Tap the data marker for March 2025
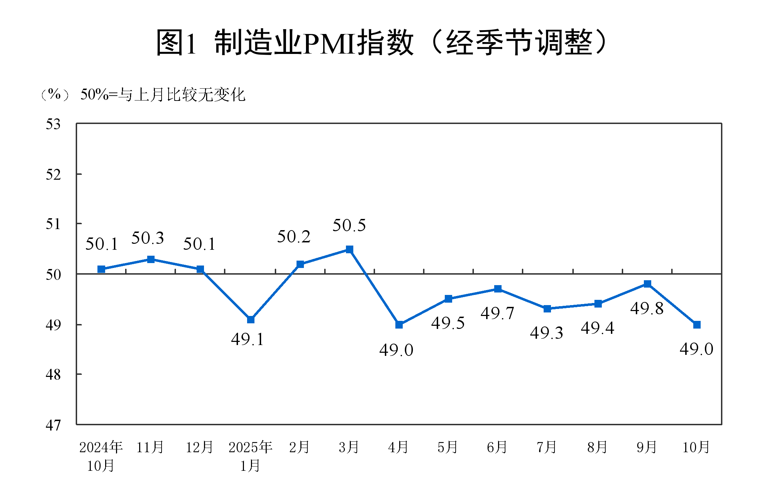[x=349, y=249]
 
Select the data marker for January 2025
[x=251, y=319]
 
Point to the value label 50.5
[x=349, y=225]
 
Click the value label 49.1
[x=247, y=339]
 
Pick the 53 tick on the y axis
[x=53, y=124]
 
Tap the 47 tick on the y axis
[x=53, y=425]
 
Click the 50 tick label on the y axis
[x=53, y=275]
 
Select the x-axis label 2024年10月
[x=101, y=456]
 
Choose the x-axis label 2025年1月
[x=250, y=456]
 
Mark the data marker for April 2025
[x=399, y=325]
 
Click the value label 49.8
[x=647, y=309]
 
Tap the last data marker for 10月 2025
[x=697, y=325]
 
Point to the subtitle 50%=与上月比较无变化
[x=163, y=95]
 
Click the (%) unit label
[x=54, y=95]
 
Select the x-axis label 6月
[x=497, y=447]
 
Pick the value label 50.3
[x=148, y=238]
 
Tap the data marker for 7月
[x=547, y=309]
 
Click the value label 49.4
[x=598, y=328]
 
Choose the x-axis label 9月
[x=647, y=447]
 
